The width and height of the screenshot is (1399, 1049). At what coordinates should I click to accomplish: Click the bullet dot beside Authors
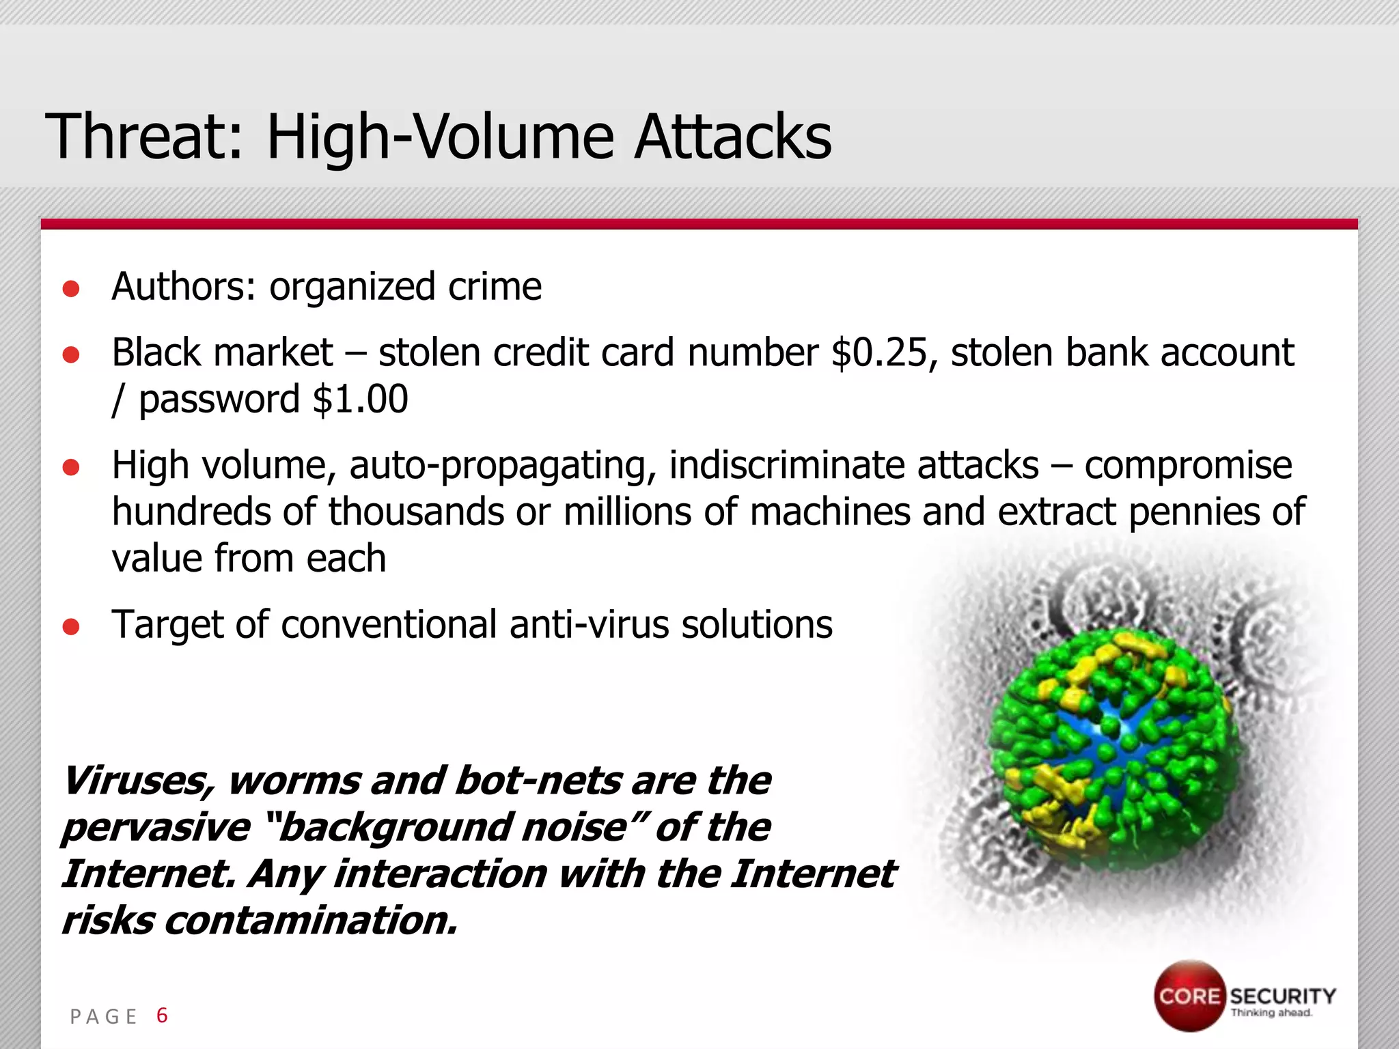[71, 289]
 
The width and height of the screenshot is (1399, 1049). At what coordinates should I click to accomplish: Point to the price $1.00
[360, 400]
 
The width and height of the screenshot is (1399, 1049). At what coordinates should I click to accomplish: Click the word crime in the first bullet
[495, 286]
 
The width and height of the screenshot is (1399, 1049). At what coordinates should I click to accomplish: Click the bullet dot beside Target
[71, 626]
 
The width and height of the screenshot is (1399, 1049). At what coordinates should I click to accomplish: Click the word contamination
[311, 921]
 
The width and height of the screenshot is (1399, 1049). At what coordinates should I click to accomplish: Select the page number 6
[162, 1016]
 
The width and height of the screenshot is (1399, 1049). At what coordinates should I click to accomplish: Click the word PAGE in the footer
[104, 1017]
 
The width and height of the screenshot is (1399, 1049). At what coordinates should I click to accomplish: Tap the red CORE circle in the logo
[1189, 996]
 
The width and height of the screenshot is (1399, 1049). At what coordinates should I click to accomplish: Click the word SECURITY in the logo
[1282, 996]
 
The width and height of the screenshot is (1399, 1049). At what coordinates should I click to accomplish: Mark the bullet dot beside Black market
[71, 355]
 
